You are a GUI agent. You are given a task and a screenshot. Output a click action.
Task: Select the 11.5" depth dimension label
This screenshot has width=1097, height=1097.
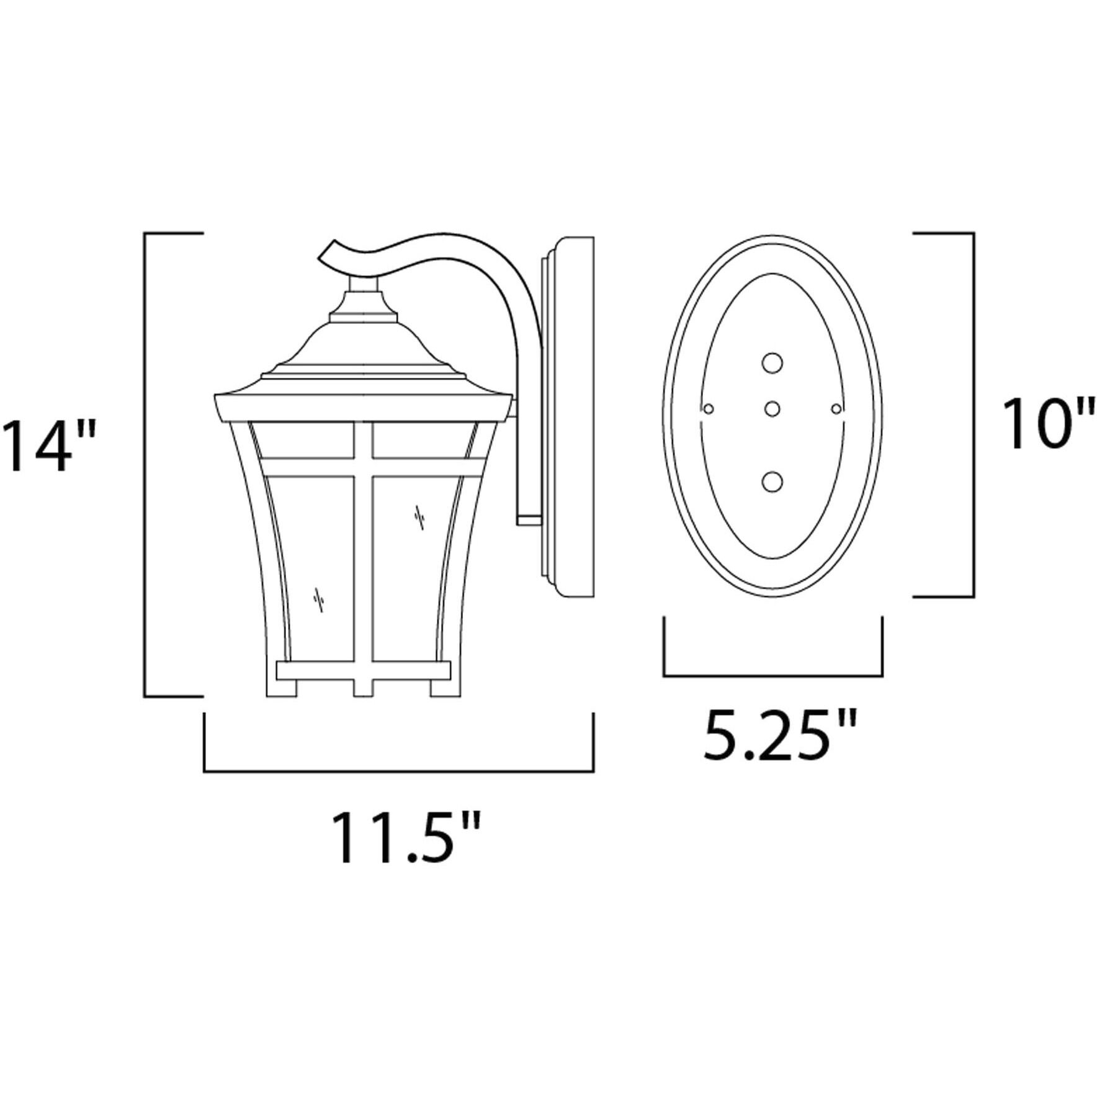[406, 838]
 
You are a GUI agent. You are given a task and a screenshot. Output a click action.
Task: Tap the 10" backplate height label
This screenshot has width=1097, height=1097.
[1047, 424]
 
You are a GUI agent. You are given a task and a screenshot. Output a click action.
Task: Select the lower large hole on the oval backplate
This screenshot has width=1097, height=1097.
[772, 482]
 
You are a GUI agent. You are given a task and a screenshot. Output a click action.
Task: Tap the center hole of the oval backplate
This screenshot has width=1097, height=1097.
[772, 409]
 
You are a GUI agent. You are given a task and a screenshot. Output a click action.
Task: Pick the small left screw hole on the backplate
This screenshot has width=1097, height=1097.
[709, 408]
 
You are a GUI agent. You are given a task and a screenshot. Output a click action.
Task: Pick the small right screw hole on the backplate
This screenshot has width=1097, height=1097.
[836, 408]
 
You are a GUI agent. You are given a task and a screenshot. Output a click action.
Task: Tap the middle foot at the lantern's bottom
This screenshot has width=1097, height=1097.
[363, 687]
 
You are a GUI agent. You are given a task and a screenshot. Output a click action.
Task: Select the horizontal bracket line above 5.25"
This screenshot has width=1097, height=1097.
[772, 675]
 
